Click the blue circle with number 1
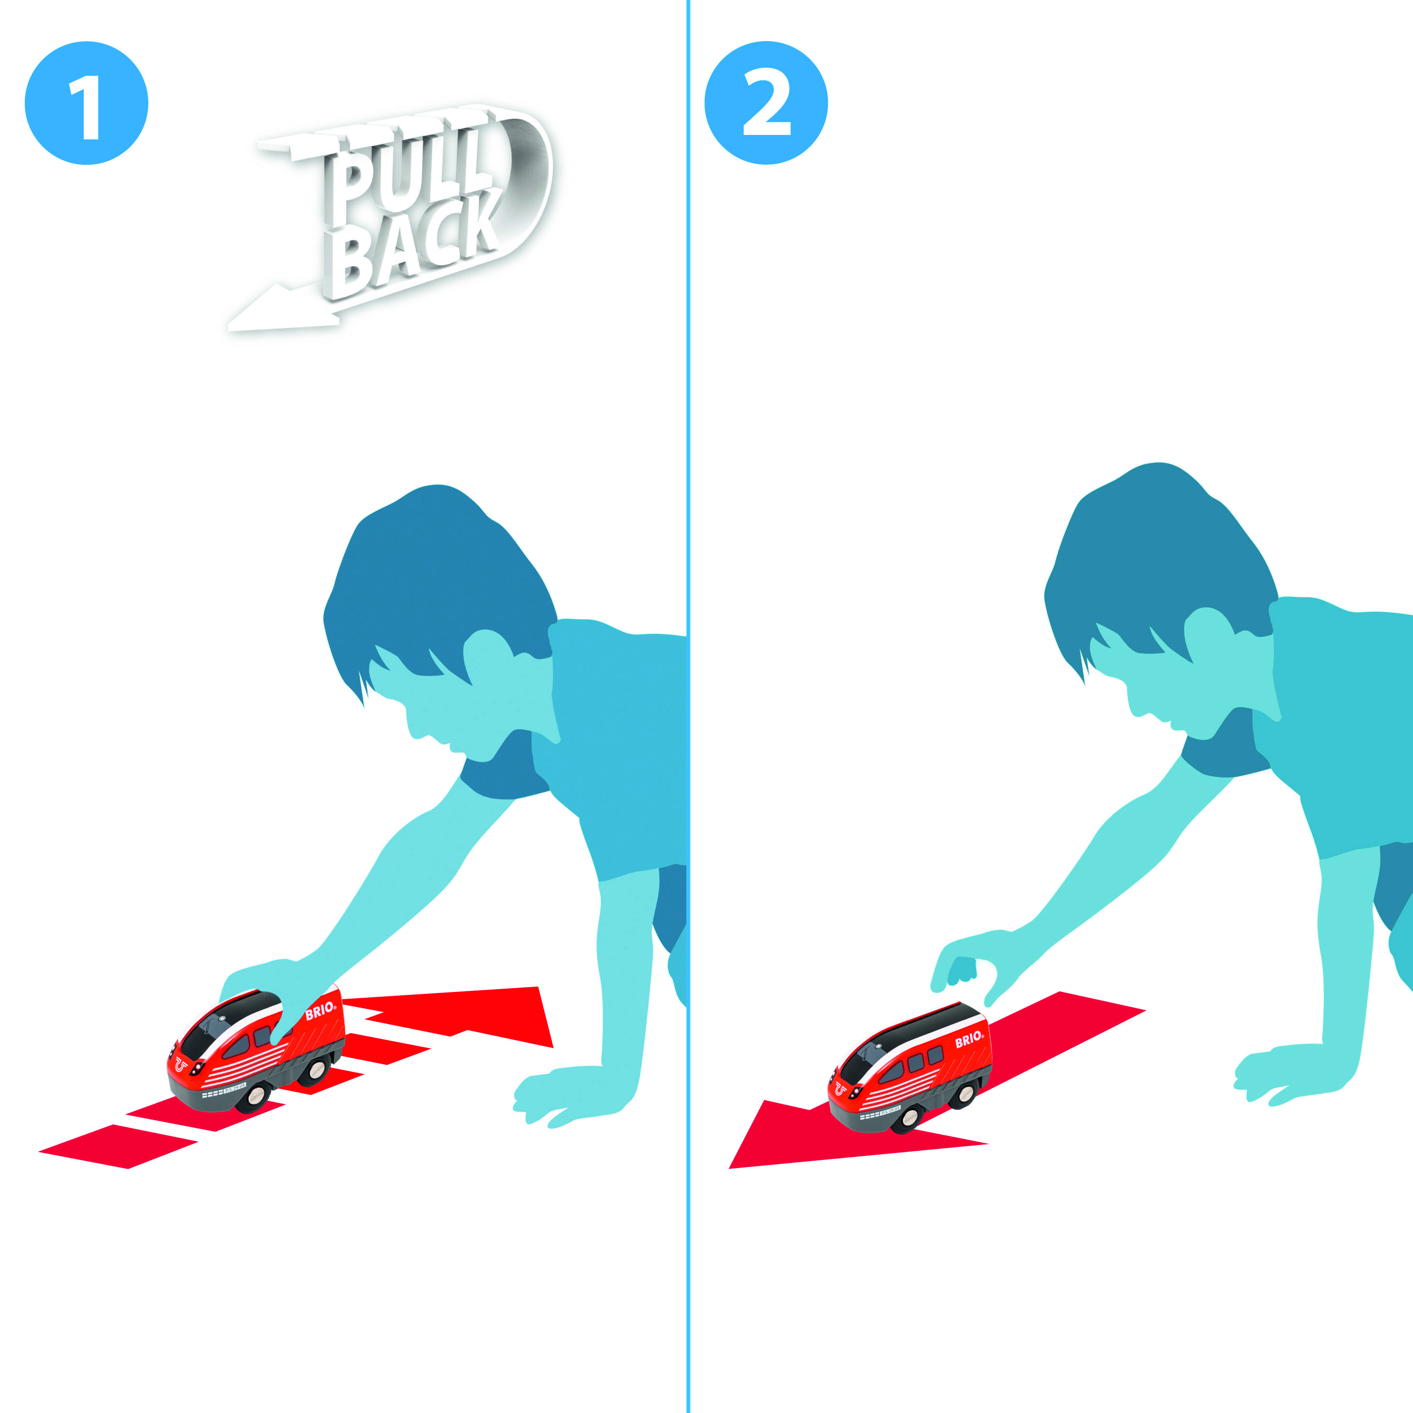click(86, 103)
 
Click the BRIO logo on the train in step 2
click(969, 1038)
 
